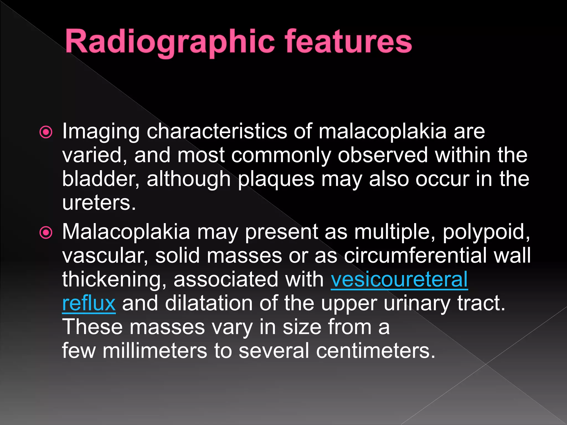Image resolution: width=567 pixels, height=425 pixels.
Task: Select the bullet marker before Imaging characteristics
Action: pyautogui.click(x=46, y=132)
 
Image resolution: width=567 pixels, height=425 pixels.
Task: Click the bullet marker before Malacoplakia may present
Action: pyautogui.click(x=46, y=233)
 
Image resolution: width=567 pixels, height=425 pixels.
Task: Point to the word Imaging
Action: pyautogui.click(x=101, y=131)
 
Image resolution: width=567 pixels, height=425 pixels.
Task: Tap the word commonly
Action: pyautogui.click(x=281, y=156)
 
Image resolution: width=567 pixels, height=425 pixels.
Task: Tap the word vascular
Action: pyautogui.click(x=105, y=256)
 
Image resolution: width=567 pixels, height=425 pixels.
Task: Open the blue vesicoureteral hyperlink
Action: pyautogui.click(x=399, y=279)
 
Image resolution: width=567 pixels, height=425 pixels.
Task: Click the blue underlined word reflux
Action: pyautogui.click(x=89, y=303)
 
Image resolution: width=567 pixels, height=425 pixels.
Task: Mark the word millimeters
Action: pyautogui.click(x=155, y=351)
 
